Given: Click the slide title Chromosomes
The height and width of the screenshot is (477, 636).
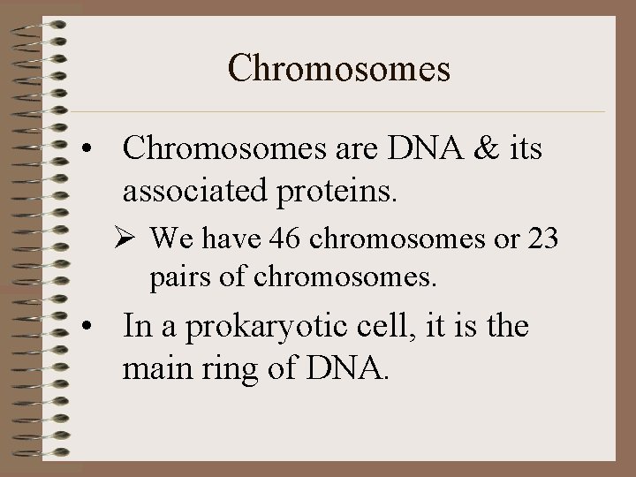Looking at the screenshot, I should coord(339,68).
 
